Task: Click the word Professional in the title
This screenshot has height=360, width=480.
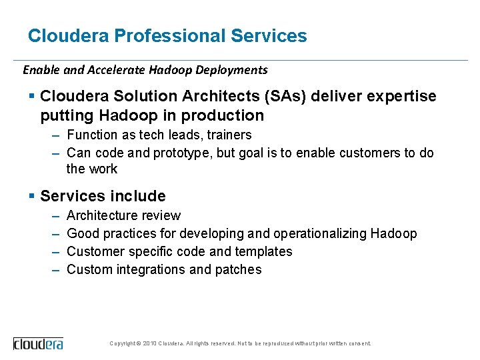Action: (x=170, y=36)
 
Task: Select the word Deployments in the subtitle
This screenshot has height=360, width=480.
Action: (x=233, y=69)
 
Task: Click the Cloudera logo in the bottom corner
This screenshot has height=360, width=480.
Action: (x=39, y=344)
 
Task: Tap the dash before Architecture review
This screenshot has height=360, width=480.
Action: (x=54, y=215)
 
